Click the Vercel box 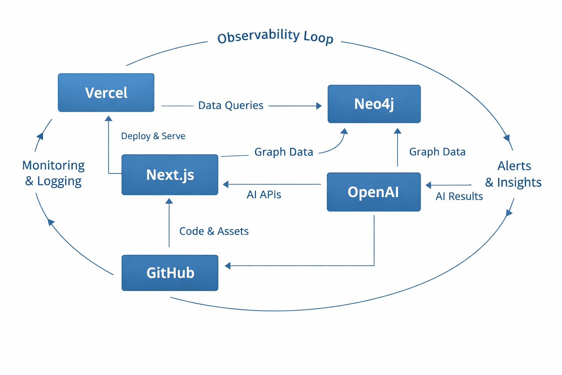tap(106, 93)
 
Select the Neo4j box tap(374, 104)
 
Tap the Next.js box tap(170, 175)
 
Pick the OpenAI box tap(374, 192)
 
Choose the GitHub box tap(170, 273)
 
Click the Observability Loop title tap(275, 37)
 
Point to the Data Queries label tap(231, 105)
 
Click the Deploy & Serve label tap(153, 136)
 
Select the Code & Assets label tap(214, 231)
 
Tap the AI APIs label tap(264, 194)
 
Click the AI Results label tap(459, 196)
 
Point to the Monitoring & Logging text tap(53, 173)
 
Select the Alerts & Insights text tap(513, 174)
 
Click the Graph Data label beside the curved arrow tap(284, 152)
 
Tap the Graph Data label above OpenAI tap(437, 152)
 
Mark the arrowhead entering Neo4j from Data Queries tap(319, 106)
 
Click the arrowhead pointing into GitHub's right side tap(228, 266)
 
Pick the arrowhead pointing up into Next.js tap(169, 201)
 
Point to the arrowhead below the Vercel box tap(108, 118)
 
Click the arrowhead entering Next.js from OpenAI tap(226, 184)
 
